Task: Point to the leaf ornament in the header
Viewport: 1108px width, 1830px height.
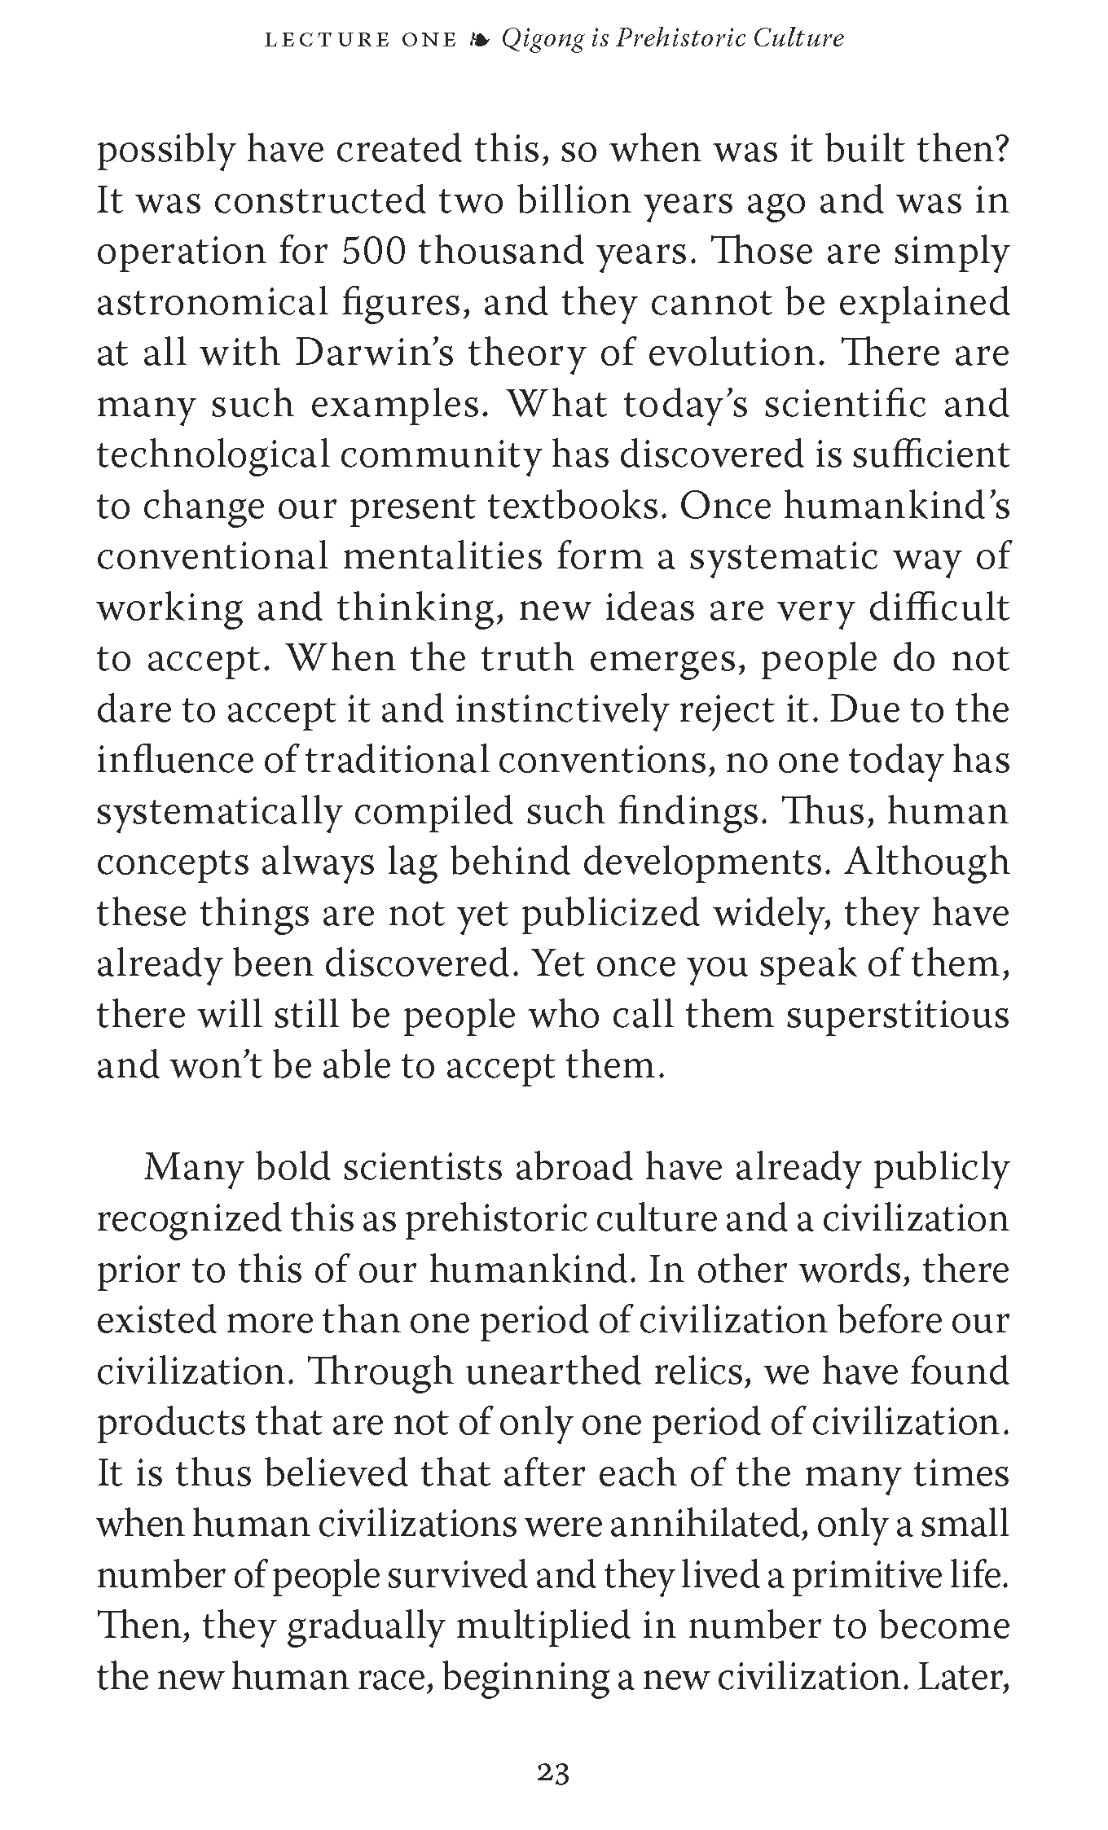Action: tap(480, 39)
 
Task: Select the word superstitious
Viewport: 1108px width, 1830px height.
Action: tap(898, 1015)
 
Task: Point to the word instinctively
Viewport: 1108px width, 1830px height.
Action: tap(562, 710)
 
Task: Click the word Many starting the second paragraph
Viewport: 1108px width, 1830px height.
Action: tap(193, 1167)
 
